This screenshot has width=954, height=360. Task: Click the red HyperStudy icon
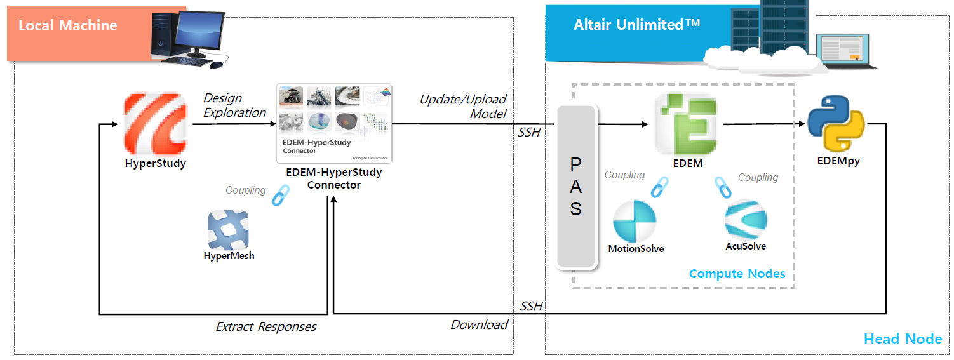tap(156, 124)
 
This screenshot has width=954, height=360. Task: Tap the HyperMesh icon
tap(228, 230)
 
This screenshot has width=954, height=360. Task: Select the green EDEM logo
tap(685, 124)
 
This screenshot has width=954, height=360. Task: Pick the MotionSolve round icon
tap(634, 220)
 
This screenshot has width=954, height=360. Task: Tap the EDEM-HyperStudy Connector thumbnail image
tap(335, 124)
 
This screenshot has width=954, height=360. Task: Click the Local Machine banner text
tap(67, 25)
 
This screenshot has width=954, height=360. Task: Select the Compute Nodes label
tap(737, 274)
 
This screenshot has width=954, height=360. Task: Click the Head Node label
tap(903, 339)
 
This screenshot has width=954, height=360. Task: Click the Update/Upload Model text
tap(463, 106)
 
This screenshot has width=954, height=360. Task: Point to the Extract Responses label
tap(265, 327)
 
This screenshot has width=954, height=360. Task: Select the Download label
tap(479, 324)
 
